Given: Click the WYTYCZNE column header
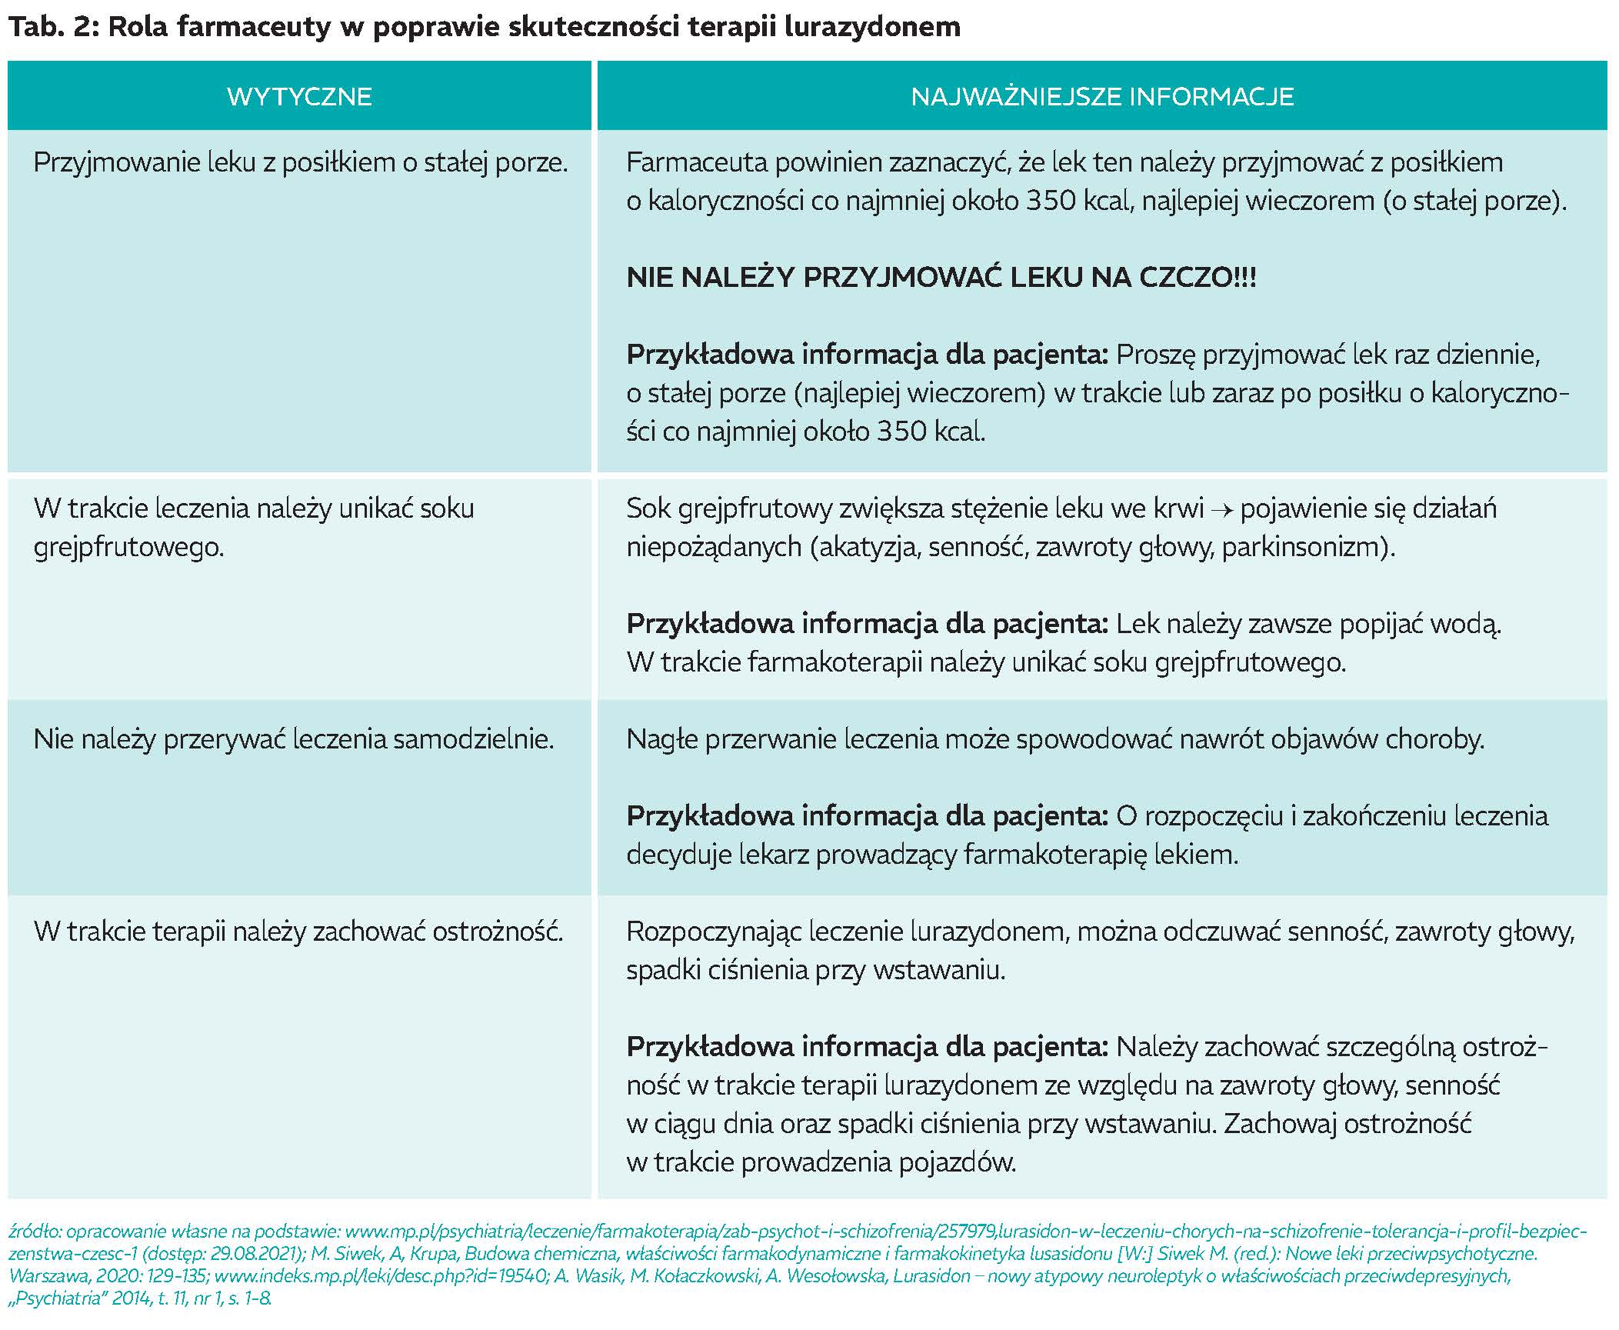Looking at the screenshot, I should coord(299,97).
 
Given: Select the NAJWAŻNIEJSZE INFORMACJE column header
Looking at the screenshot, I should coord(1101,97).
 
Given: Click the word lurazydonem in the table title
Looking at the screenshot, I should coord(873,27).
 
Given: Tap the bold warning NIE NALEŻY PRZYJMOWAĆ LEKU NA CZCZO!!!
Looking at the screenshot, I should coord(941,278).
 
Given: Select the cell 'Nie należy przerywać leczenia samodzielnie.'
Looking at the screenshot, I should coord(294,739).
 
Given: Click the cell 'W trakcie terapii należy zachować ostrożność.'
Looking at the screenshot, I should coord(298,932).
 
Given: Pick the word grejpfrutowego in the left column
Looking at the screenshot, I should coord(128,548).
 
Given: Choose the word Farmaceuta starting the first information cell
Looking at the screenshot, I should coord(696,163).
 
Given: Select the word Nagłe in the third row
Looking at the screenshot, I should coord(661,739).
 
